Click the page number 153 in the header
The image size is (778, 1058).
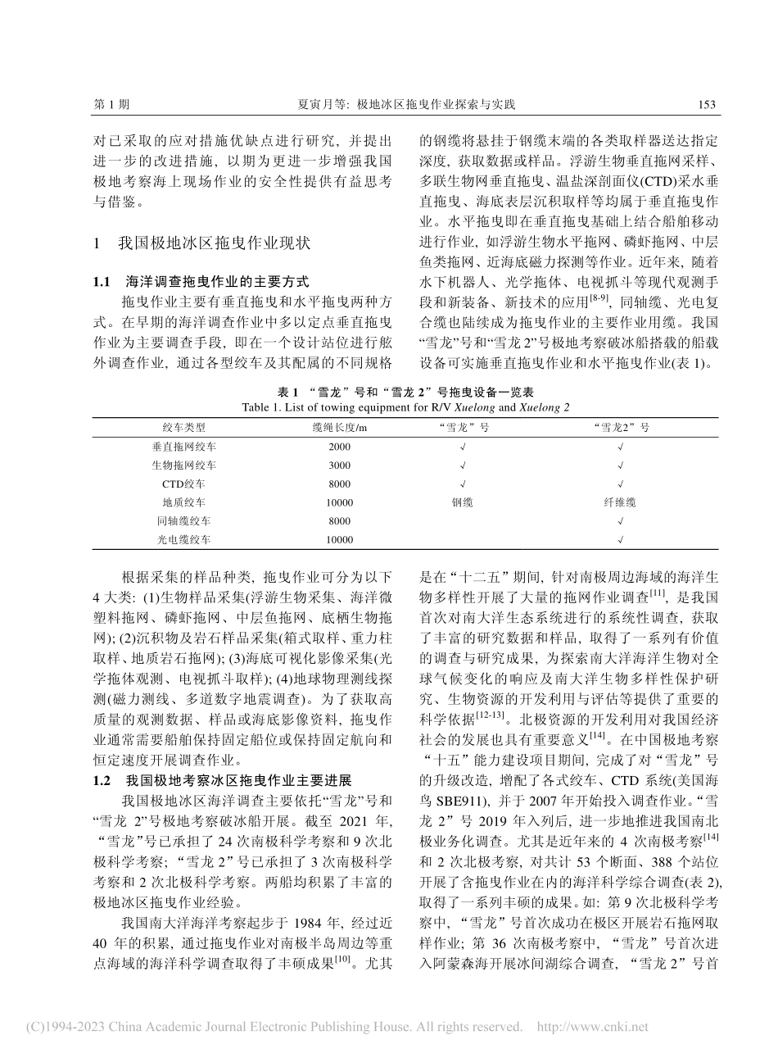pyautogui.click(x=705, y=104)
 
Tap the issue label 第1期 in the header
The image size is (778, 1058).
pyautogui.click(x=112, y=104)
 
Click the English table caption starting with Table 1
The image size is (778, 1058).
pyautogui.click(x=407, y=406)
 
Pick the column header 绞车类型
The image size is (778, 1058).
pyautogui.click(x=184, y=427)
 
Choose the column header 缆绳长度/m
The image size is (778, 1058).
pyautogui.click(x=339, y=427)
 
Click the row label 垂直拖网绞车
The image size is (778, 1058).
pyautogui.click(x=184, y=447)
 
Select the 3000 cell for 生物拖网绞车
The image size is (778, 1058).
pyautogui.click(x=339, y=465)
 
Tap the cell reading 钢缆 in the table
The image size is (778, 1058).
pyautogui.click(x=462, y=502)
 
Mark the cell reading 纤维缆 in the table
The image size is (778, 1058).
pyautogui.click(x=620, y=502)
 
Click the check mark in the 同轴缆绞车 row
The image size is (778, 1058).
pyautogui.click(x=620, y=521)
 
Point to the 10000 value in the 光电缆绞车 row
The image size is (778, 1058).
pyautogui.click(x=339, y=540)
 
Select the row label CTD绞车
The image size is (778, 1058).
pyautogui.click(x=184, y=484)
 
